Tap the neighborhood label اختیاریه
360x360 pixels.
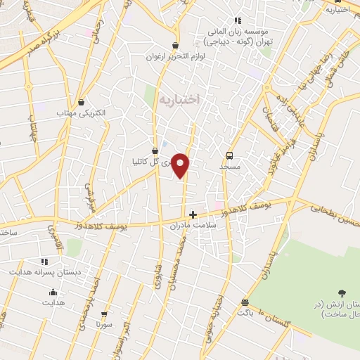tap(179, 100)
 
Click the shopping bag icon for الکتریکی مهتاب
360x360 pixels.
tap(82, 102)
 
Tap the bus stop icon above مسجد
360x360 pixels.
tap(229, 156)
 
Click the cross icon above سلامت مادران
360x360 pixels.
tap(193, 214)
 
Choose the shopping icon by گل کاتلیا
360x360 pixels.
tap(155, 150)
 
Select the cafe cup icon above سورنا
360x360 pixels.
tap(104, 314)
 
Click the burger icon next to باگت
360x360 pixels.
tap(244, 302)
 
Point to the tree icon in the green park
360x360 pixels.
tap(342, 292)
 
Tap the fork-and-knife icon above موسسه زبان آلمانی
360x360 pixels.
tap(238, 21)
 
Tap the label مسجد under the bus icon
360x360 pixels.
tap(230, 167)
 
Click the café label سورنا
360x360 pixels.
tap(105, 325)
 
